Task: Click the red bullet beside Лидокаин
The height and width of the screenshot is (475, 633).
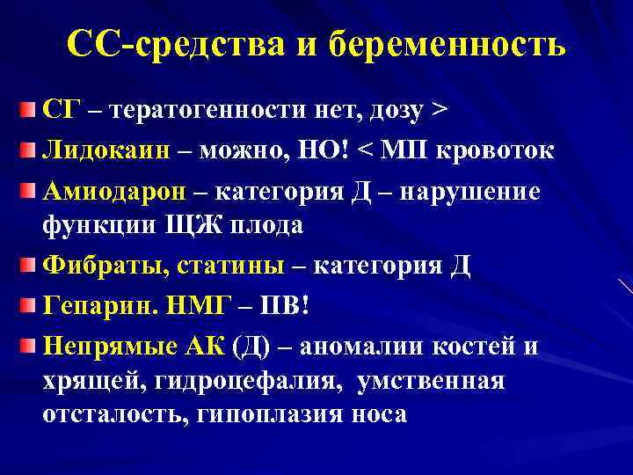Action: pyautogui.click(x=28, y=150)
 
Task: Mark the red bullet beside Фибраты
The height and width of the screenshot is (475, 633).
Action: pyautogui.click(x=28, y=265)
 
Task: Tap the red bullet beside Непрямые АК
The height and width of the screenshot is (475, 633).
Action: pyautogui.click(x=28, y=344)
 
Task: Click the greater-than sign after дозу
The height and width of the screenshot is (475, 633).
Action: pyautogui.click(x=438, y=113)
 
